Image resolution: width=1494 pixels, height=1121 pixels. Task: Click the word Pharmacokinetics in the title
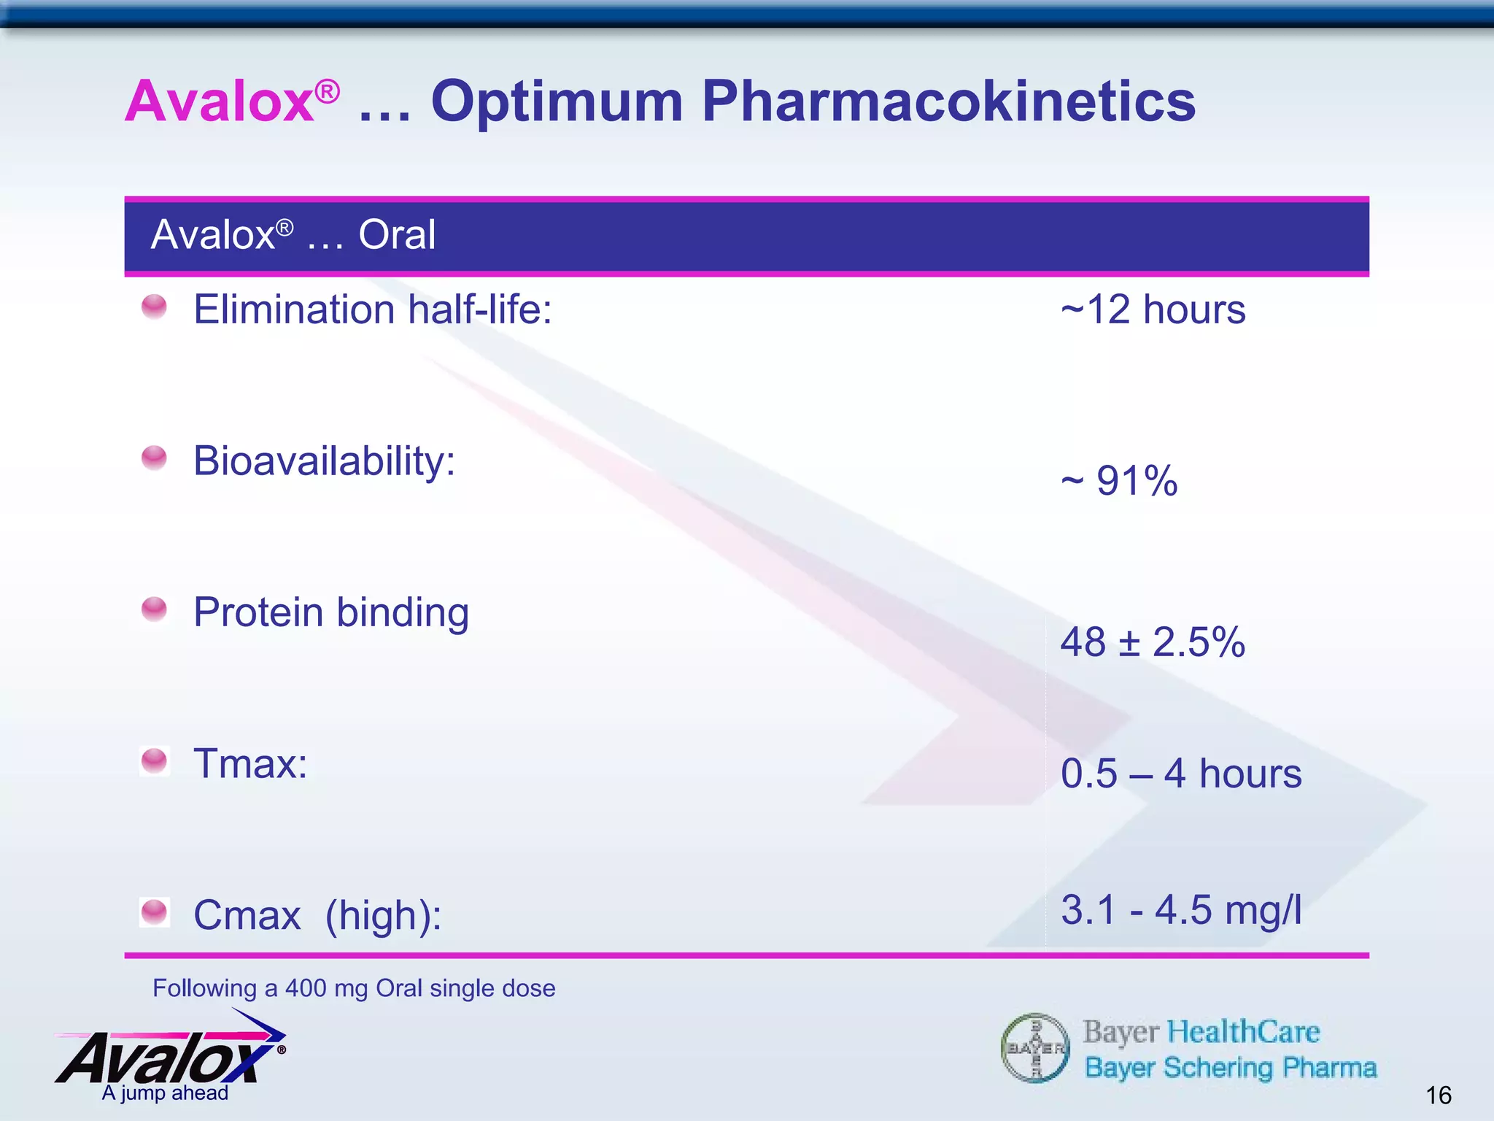point(948,102)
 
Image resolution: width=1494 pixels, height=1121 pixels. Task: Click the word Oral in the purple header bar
point(397,235)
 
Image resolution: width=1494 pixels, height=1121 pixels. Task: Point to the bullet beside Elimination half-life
point(154,307)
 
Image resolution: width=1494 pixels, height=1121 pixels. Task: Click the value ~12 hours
point(1153,309)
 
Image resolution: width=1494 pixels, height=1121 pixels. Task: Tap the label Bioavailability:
point(325,461)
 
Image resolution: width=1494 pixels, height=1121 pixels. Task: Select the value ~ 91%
point(1119,481)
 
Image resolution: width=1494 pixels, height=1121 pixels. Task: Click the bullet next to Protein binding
point(154,609)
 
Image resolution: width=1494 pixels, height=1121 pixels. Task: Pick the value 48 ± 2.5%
point(1153,642)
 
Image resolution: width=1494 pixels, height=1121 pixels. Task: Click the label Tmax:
point(250,764)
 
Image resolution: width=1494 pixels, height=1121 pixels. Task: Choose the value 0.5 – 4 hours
point(1180,774)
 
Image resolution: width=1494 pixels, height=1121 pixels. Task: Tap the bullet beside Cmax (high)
point(154,912)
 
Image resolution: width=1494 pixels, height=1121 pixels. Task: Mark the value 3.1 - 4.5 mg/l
point(1180,910)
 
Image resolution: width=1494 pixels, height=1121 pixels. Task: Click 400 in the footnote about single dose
point(306,988)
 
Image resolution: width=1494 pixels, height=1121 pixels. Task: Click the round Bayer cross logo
point(1035,1049)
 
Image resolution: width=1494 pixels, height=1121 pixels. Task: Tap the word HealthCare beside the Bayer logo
point(1243,1032)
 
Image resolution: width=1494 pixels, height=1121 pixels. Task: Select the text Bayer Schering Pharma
point(1230,1068)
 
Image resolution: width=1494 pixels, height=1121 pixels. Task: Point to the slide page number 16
point(1439,1095)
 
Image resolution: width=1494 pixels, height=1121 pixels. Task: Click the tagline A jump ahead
point(165,1093)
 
